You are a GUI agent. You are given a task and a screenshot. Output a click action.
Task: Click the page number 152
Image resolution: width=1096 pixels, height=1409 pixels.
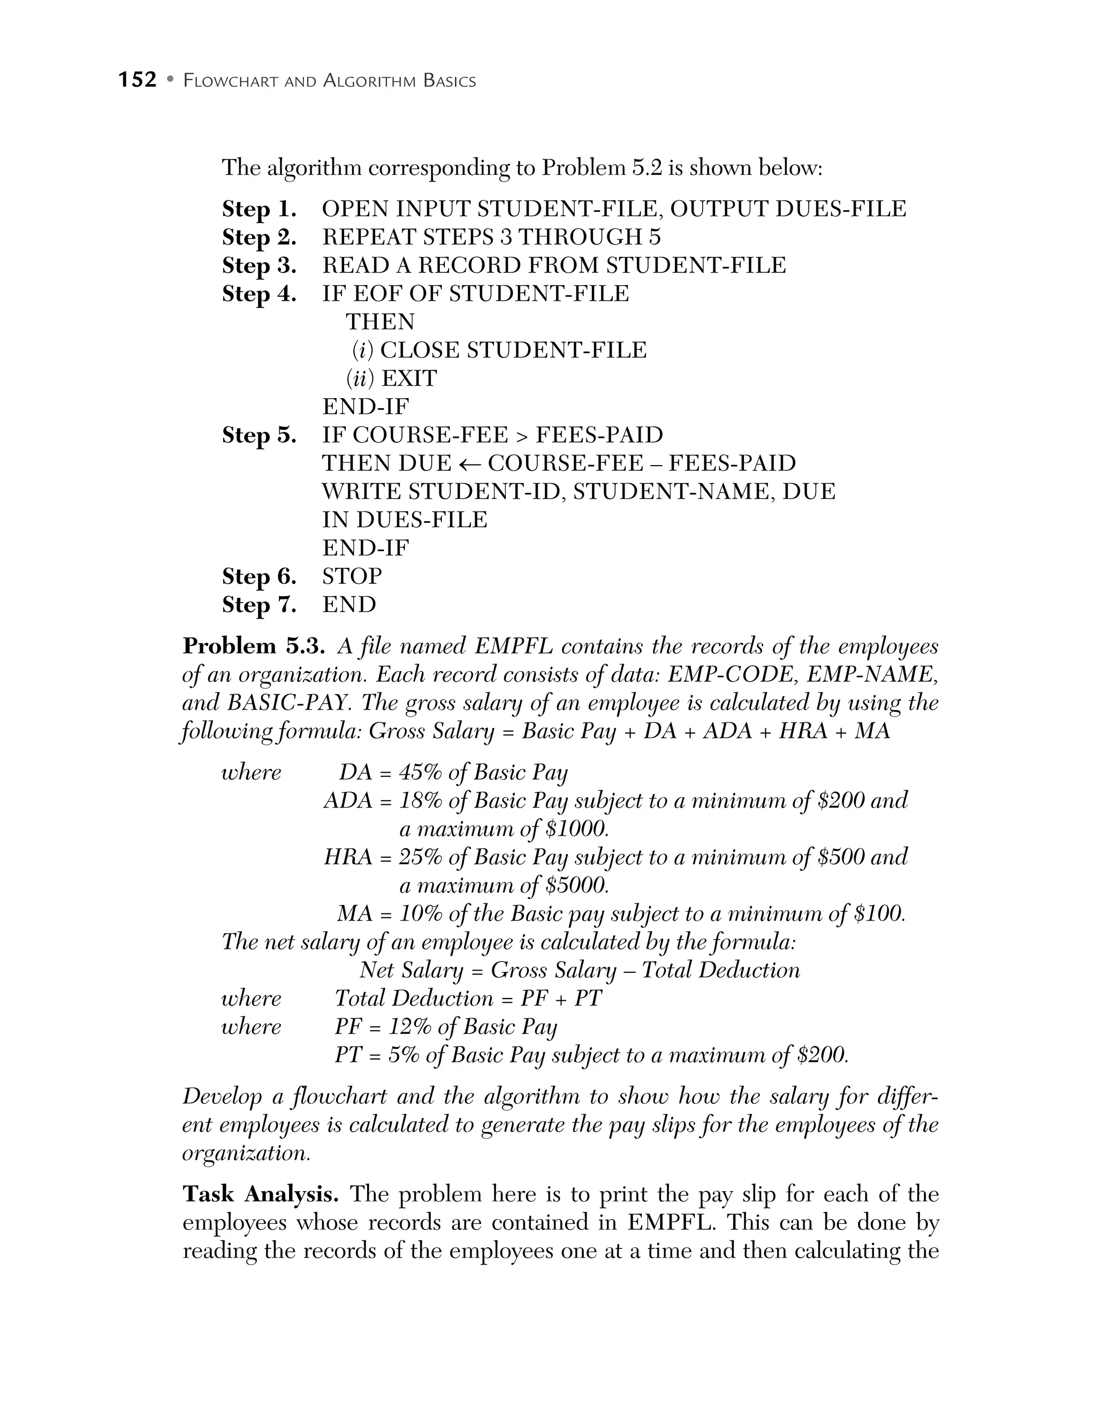pyautogui.click(x=138, y=80)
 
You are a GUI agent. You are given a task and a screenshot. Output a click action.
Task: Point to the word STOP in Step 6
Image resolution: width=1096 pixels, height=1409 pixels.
pyautogui.click(x=352, y=576)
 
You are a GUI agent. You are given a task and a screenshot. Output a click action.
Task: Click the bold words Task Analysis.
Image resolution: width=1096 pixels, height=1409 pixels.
pyautogui.click(x=261, y=1194)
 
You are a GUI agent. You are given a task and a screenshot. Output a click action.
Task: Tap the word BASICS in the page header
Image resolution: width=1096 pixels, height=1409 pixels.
pyautogui.click(x=450, y=81)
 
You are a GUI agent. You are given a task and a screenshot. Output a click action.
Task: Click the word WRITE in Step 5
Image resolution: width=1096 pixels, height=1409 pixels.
pyautogui.click(x=361, y=492)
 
